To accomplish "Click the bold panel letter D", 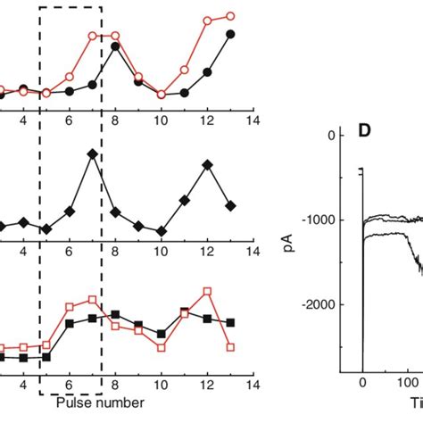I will click(365, 131).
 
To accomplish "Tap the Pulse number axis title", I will click(100, 402).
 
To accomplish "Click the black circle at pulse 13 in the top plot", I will click(230, 34).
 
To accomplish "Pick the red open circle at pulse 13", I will click(230, 16).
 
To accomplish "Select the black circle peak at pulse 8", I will click(115, 46).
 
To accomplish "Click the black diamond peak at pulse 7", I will click(92, 154).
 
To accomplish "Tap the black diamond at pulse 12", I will click(207, 165).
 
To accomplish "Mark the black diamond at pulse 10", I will click(162, 231).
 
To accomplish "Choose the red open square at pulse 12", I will click(207, 291).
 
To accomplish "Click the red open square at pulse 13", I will click(230, 347).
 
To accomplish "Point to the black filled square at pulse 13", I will click(230, 321).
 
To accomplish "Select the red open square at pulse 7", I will click(92, 300).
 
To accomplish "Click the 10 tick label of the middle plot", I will click(162, 253).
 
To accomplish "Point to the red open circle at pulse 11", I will click(184, 69).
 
